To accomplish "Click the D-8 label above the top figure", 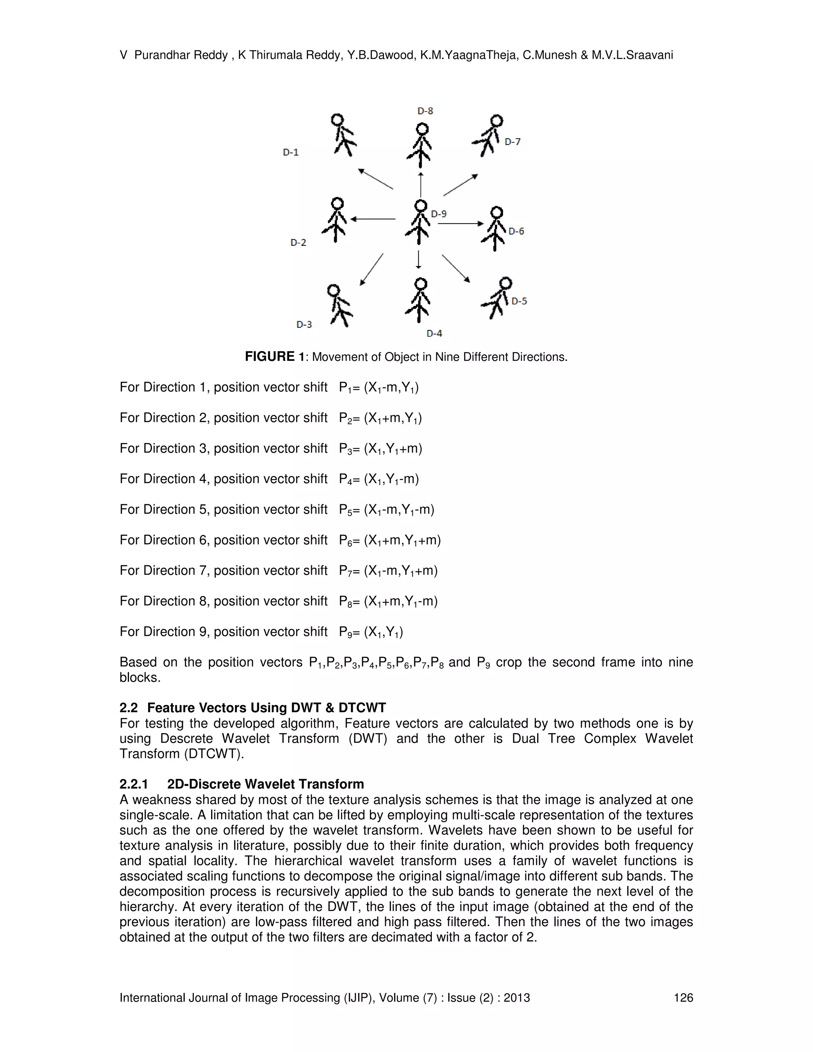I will click(425, 111).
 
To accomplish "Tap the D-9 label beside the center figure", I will click(438, 214).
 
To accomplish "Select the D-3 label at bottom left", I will click(304, 325).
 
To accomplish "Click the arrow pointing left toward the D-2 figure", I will click(373, 219).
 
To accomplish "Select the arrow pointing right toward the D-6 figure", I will click(460, 224).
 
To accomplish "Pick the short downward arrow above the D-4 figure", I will click(418, 259).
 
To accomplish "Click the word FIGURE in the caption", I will click(269, 357).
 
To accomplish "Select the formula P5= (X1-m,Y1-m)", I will click(386, 510).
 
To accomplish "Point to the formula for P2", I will click(380, 418).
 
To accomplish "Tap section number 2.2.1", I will click(133, 784).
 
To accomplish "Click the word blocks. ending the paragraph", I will click(140, 677).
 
